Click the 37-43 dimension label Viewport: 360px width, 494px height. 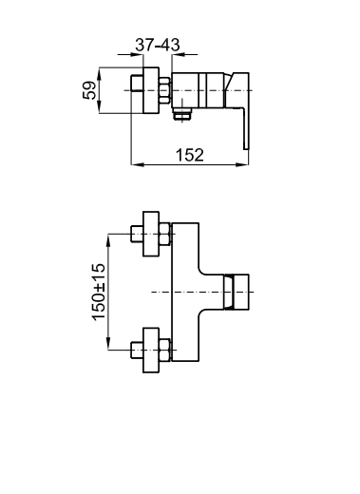point(158,45)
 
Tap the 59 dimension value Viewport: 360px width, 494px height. point(89,90)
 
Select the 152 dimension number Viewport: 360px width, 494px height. point(190,155)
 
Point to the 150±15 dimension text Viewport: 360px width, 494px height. point(99,292)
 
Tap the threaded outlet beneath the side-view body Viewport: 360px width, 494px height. point(182,114)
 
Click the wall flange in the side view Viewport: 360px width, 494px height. point(151,90)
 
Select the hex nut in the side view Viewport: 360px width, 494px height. point(164,90)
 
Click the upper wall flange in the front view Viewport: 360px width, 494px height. point(151,234)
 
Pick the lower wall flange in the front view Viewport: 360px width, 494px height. point(151,350)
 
